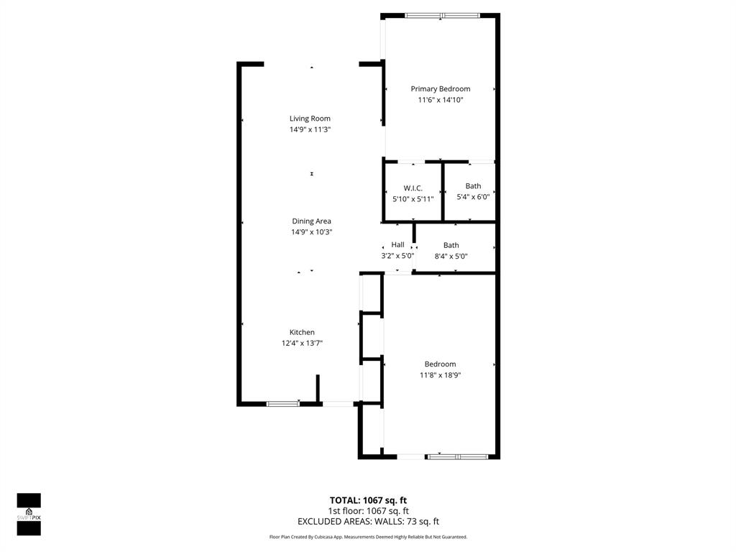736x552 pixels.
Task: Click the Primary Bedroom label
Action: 440,89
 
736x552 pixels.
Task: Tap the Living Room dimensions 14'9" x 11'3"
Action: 310,129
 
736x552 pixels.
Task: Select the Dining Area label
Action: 311,221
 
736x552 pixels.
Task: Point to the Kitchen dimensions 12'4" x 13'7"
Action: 302,344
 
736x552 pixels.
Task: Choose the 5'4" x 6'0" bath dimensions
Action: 473,197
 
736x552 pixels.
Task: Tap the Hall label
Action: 397,245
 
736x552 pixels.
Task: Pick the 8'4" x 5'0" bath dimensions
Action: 451,256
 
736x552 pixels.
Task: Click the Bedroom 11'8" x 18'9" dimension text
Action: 440,375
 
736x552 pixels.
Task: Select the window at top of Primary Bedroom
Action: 442,15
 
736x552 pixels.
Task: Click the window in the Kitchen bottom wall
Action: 283,404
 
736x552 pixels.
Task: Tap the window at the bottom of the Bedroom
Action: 458,456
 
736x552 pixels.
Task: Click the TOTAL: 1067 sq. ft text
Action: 368,500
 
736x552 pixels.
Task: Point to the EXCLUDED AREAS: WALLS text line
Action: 368,522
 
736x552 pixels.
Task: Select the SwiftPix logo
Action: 29,514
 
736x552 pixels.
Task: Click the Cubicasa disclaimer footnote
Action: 368,537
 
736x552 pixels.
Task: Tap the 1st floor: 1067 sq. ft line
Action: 368,511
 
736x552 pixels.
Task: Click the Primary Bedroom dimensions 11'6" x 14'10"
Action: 440,100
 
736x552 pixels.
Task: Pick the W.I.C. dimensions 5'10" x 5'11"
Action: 413,198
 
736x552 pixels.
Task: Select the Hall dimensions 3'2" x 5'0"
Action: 397,256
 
